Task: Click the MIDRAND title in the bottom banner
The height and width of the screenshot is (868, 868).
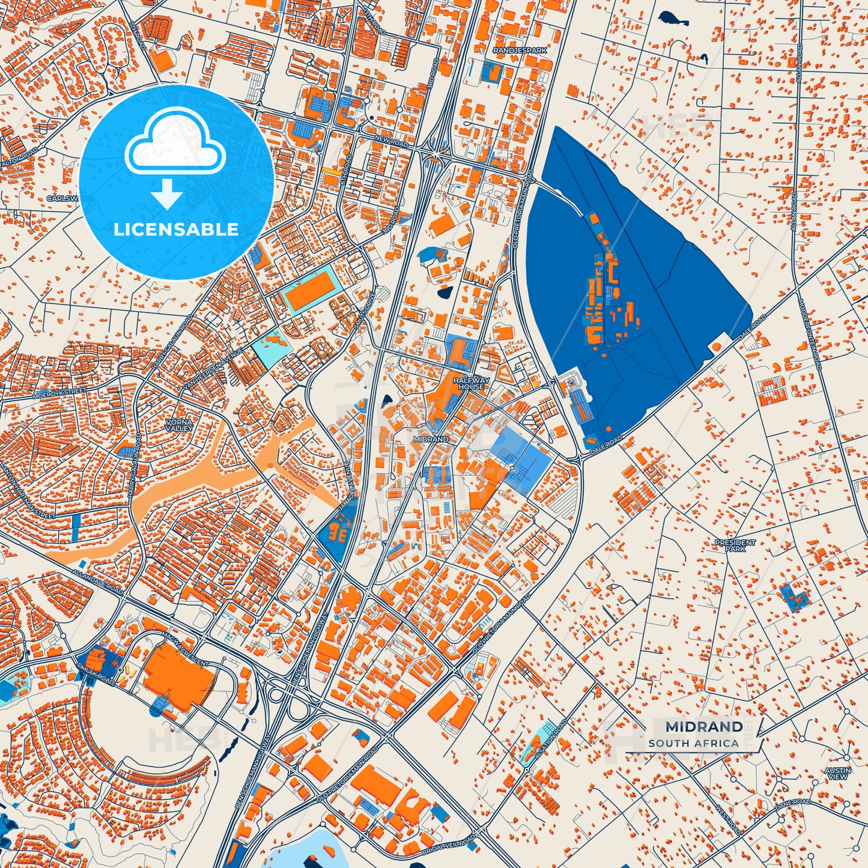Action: click(703, 727)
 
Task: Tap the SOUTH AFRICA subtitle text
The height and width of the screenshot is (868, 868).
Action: click(693, 743)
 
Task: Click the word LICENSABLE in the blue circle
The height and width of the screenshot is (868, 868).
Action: click(176, 229)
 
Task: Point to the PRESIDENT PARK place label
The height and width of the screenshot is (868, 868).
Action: click(735, 545)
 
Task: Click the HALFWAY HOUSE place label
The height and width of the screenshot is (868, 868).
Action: click(472, 383)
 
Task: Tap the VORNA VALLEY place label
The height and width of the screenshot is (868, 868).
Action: click(180, 425)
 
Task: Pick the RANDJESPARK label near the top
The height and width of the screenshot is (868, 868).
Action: click(520, 51)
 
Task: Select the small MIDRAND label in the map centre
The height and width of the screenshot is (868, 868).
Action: click(431, 439)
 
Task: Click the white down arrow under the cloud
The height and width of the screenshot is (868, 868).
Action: click(167, 195)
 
